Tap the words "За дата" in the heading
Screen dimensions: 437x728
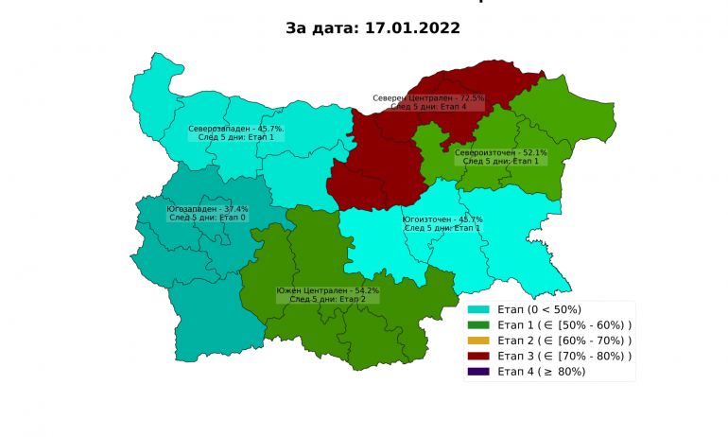[319, 28]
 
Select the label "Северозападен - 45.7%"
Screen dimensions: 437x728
[235, 129]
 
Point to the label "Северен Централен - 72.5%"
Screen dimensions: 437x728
[428, 97]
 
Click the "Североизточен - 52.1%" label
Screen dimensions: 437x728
[500, 152]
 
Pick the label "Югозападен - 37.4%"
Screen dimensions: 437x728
[207, 209]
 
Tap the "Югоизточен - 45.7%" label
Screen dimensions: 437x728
[442, 219]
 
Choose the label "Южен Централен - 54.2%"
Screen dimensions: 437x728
[327, 290]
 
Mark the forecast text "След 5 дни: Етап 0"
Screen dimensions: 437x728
[207, 218]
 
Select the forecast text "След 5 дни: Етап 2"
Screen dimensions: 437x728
[327, 299]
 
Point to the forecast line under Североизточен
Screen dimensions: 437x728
[500, 161]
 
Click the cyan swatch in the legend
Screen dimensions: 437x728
[478, 309]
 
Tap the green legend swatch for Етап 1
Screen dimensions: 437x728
[478, 325]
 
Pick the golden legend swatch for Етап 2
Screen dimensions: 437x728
[478, 341]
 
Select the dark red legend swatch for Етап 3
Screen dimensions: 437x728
[478, 356]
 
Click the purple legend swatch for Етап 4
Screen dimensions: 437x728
[478, 372]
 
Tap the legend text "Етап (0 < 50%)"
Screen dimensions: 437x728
[539, 309]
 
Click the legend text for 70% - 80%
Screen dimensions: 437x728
[564, 356]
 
